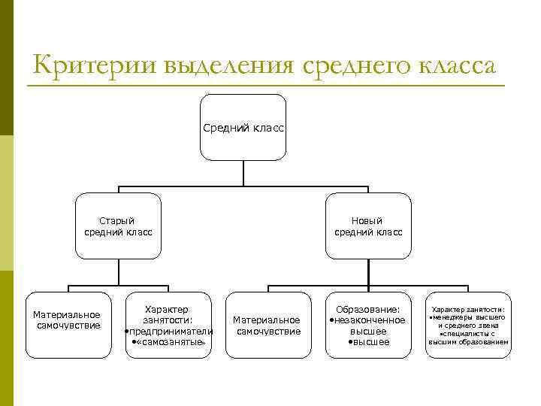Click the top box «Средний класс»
(x=243, y=127)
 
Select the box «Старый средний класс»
(x=118, y=226)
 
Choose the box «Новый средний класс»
(x=368, y=226)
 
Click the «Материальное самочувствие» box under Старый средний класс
(x=68, y=324)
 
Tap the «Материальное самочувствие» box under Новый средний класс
(x=268, y=325)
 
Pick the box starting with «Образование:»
(x=368, y=325)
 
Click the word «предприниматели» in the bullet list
(x=171, y=331)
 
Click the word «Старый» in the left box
(x=118, y=220)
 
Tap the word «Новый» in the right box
(x=368, y=220)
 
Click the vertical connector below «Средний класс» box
(x=243, y=172)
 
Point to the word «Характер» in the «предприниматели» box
(x=168, y=309)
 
